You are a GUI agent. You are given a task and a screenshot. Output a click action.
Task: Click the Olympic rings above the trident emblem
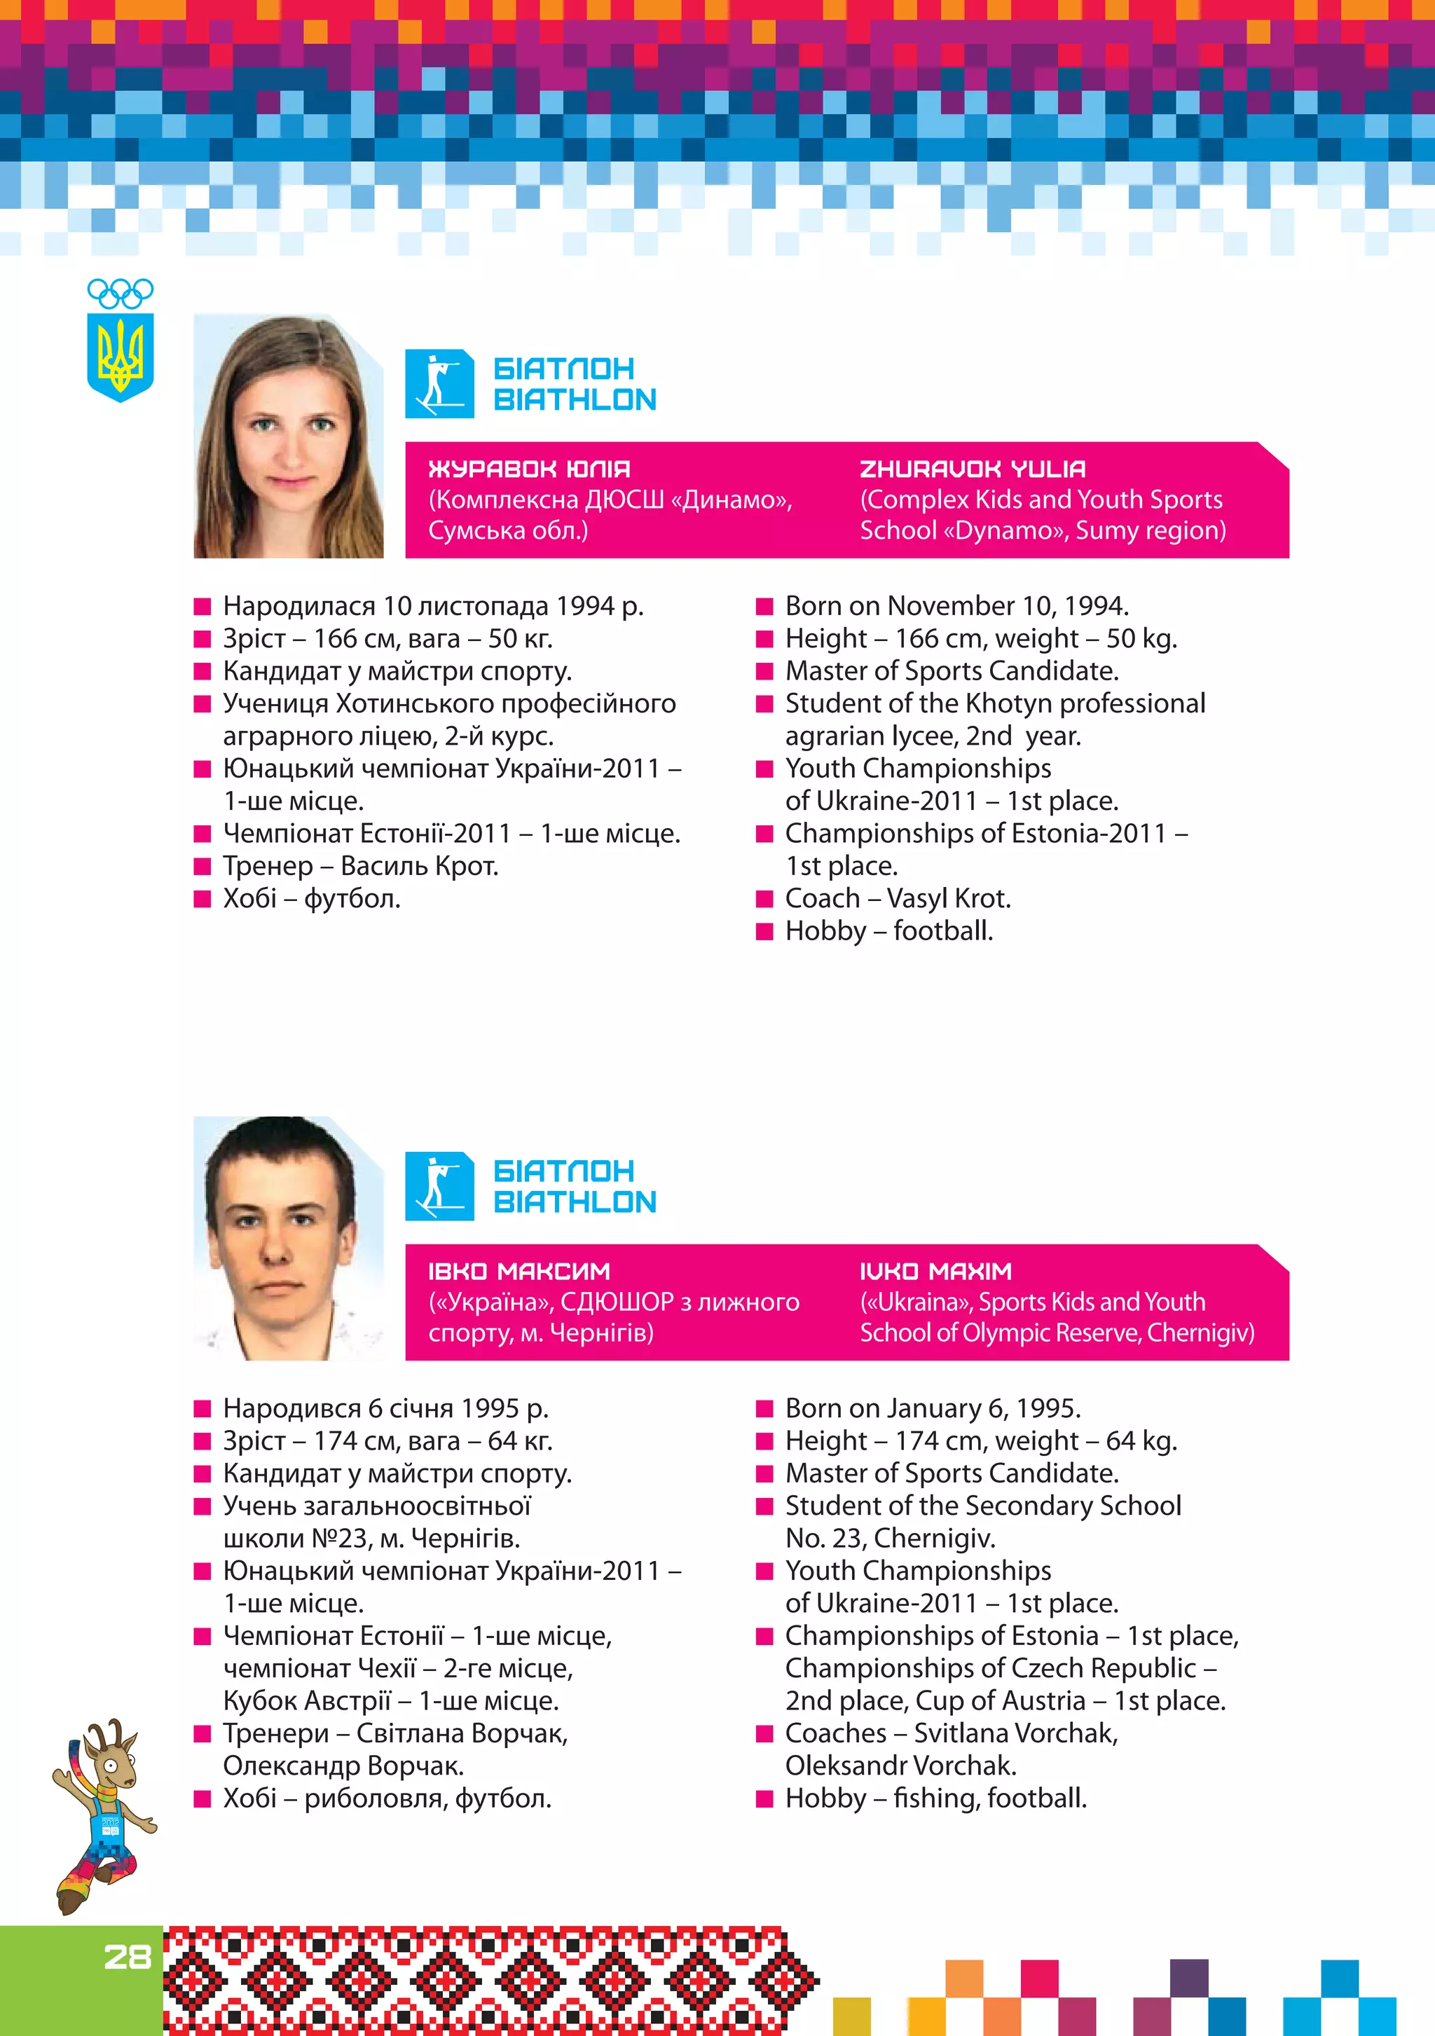[120, 293]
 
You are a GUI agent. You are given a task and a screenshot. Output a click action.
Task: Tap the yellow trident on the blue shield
[120, 357]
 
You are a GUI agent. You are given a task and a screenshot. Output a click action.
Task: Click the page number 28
[128, 1957]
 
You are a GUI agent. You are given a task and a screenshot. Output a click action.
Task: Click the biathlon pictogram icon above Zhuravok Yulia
[439, 384]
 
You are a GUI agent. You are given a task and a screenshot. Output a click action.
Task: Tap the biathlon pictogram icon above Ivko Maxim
[439, 1186]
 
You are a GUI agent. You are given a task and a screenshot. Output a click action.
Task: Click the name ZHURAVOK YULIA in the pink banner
[972, 469]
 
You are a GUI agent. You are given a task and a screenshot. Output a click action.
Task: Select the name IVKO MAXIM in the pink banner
[935, 1272]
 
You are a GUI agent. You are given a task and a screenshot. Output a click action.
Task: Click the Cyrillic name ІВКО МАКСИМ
[519, 1272]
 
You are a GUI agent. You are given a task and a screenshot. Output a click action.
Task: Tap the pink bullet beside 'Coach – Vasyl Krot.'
[764, 899]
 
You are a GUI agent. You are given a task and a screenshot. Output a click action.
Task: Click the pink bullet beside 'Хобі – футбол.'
[202, 899]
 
